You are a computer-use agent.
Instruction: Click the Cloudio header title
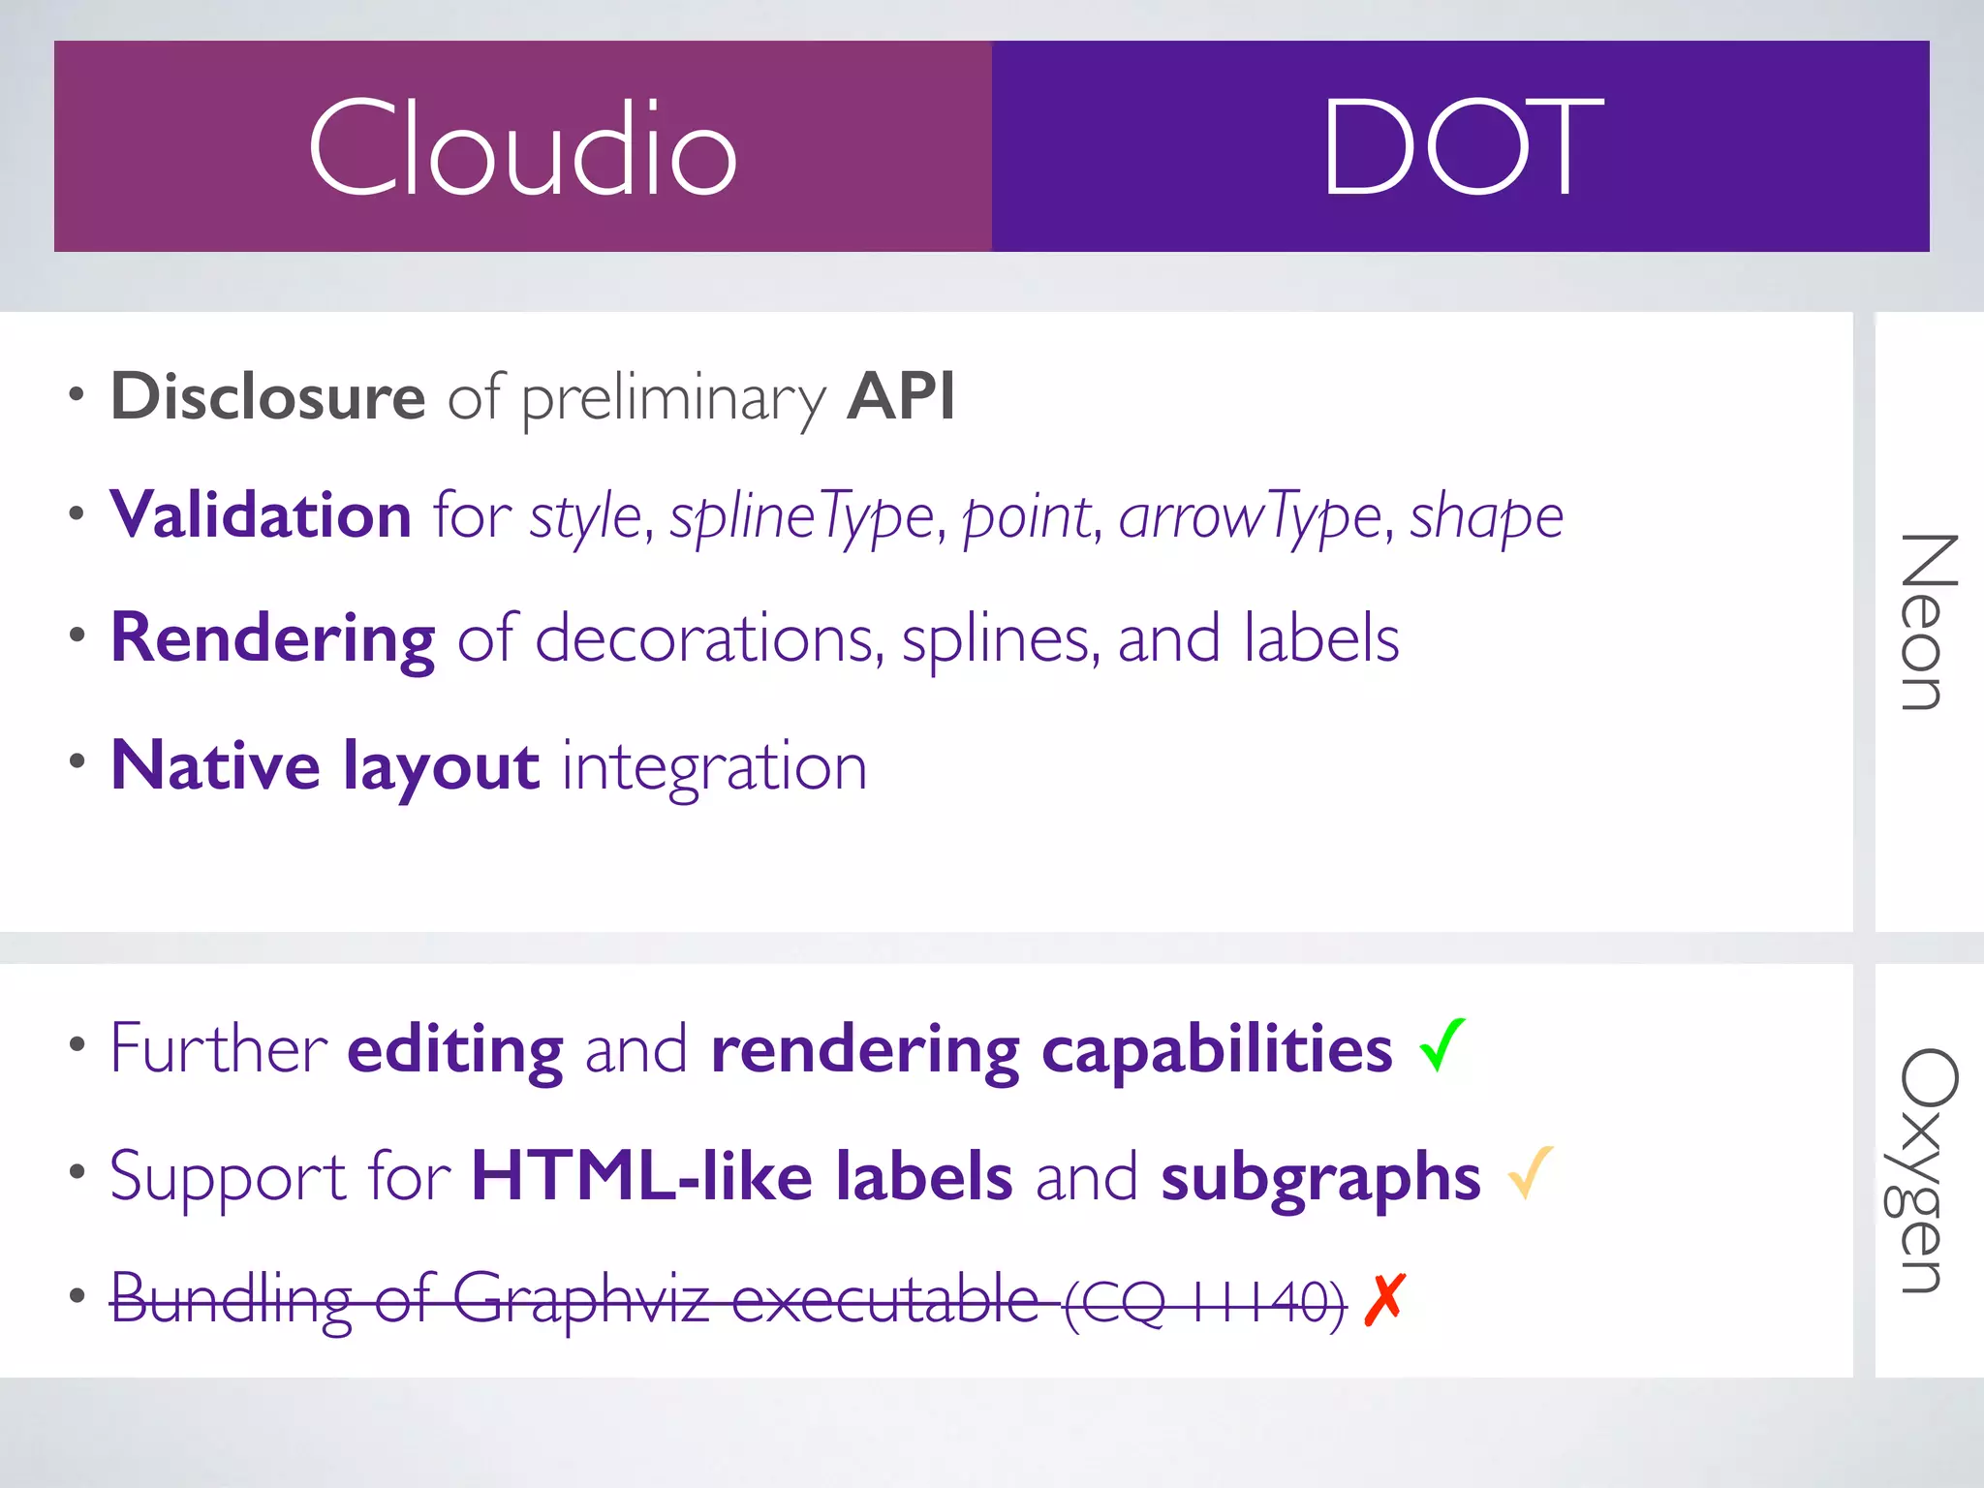[x=523, y=148]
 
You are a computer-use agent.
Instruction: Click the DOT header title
[x=1462, y=147]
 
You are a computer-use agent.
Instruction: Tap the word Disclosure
[x=268, y=396]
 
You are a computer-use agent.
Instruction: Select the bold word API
[x=901, y=396]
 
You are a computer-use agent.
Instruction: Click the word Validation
[x=261, y=514]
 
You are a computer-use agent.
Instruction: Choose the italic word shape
[x=1486, y=516]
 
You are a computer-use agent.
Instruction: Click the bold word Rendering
[x=273, y=639]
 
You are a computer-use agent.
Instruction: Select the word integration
[x=715, y=766]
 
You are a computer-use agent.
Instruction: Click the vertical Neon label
[x=1929, y=622]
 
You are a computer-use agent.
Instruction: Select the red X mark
[x=1383, y=1299]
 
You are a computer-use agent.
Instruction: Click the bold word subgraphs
[x=1321, y=1177]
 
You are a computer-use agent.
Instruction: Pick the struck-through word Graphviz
[x=581, y=1299]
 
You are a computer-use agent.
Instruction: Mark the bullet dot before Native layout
[x=77, y=761]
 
